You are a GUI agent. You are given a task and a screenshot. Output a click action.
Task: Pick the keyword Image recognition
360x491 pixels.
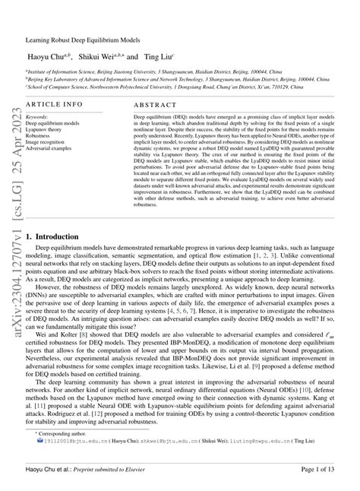click(x=46, y=141)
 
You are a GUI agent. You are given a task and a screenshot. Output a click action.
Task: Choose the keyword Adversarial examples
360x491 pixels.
click(x=49, y=147)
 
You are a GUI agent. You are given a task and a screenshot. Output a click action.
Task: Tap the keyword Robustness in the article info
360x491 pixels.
click(x=40, y=136)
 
